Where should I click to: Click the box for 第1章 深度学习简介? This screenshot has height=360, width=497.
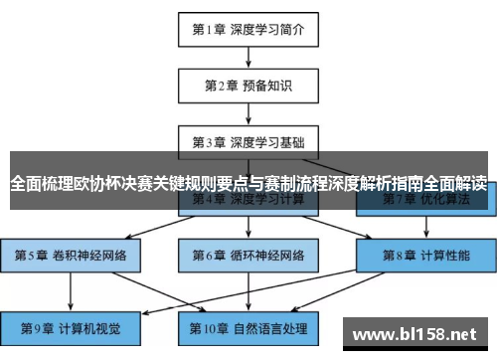248,29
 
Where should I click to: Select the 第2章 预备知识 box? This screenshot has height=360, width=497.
248,85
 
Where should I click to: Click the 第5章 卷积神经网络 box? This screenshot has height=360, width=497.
72,254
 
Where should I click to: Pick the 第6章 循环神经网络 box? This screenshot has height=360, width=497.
248,254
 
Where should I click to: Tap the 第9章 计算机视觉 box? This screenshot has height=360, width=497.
72,326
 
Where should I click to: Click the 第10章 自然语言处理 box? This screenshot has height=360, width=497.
248,326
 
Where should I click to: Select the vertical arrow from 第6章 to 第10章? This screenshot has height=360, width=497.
248,289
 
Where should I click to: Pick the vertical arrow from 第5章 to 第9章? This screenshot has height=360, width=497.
72,289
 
